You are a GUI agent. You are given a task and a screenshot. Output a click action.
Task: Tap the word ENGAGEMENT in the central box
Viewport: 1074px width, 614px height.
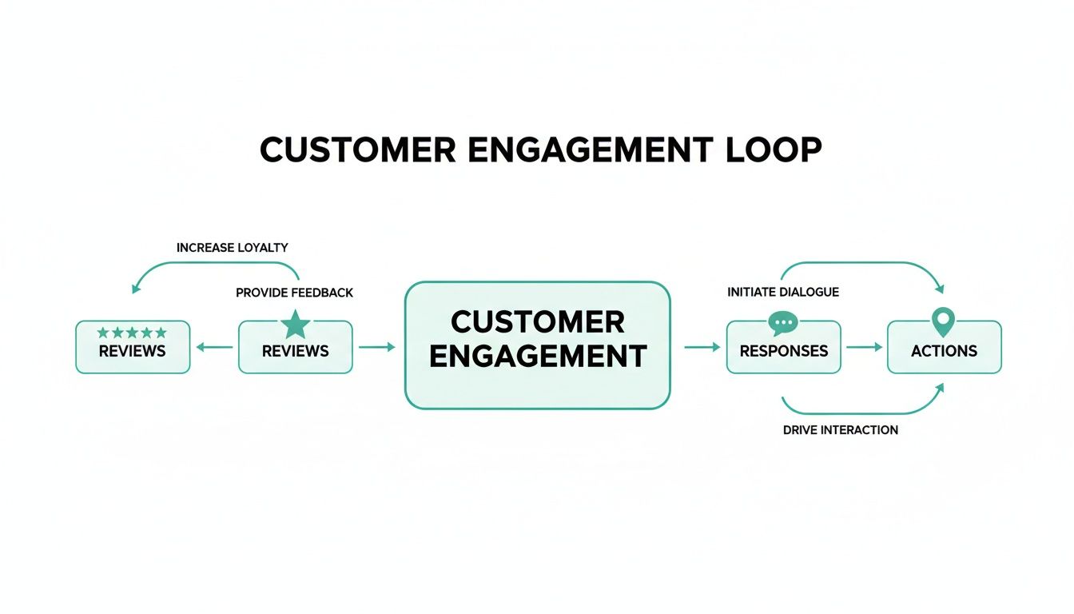click(x=537, y=356)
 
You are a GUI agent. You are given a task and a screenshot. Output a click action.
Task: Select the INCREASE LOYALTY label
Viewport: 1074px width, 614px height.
click(x=232, y=248)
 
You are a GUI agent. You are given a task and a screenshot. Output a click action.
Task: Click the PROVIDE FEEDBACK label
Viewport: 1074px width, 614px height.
click(x=294, y=293)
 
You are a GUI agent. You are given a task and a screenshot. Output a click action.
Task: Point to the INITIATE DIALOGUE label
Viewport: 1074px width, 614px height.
click(x=783, y=292)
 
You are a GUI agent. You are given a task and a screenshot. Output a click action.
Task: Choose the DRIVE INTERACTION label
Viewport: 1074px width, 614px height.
click(x=840, y=430)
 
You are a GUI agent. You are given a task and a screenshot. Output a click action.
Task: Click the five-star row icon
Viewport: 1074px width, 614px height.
click(x=132, y=333)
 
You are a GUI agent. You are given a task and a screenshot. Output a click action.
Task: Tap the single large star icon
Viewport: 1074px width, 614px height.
click(x=296, y=325)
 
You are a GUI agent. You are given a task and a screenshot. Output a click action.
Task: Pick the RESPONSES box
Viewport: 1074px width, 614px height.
click(x=783, y=350)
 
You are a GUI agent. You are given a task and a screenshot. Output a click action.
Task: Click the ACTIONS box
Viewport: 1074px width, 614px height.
click(x=944, y=350)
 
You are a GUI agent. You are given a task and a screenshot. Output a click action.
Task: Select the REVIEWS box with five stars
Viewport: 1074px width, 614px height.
click(x=133, y=350)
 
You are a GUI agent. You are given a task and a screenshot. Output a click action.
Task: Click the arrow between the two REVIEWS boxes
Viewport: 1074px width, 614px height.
click(x=214, y=347)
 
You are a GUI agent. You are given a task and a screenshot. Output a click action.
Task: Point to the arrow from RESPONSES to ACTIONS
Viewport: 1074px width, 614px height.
click(x=864, y=347)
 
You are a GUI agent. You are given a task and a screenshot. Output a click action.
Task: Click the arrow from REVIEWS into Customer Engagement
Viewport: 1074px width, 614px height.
click(x=377, y=347)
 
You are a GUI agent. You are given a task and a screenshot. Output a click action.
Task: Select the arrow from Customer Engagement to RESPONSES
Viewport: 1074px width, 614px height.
click(x=702, y=347)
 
